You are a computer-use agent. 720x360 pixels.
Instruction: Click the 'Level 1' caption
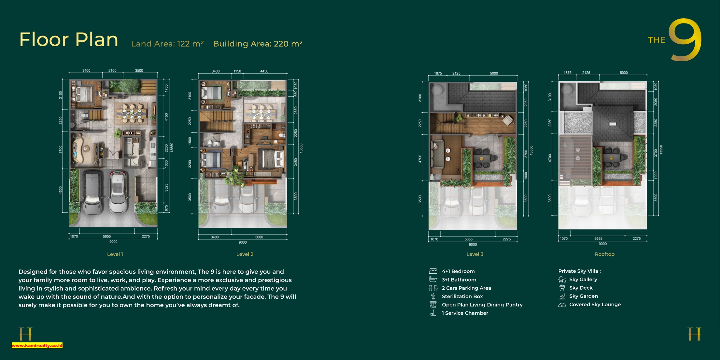coord(115,254)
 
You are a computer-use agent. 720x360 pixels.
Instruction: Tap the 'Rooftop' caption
coord(605,254)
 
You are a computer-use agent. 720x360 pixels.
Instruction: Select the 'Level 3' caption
coord(475,254)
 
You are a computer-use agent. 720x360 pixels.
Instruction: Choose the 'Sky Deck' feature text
coord(581,288)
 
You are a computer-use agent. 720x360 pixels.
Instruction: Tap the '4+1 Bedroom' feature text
coord(458,271)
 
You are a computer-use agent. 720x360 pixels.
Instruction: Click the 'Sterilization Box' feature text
coord(462,296)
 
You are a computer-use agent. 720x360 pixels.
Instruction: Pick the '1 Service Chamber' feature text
coord(465,313)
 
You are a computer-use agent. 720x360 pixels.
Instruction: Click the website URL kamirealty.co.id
coord(37,345)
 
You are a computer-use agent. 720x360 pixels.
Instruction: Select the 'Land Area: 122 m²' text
coord(167,44)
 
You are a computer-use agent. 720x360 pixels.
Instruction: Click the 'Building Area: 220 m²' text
coord(258,44)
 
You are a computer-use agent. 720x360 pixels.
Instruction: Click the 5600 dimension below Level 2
coord(259,237)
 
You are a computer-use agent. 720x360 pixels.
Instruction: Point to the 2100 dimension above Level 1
coord(112,70)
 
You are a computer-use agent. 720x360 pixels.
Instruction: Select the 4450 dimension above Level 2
coord(264,71)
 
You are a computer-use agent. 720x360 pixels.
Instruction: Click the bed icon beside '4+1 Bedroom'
coord(433,271)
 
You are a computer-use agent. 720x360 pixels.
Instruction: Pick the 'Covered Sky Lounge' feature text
coord(595,305)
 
